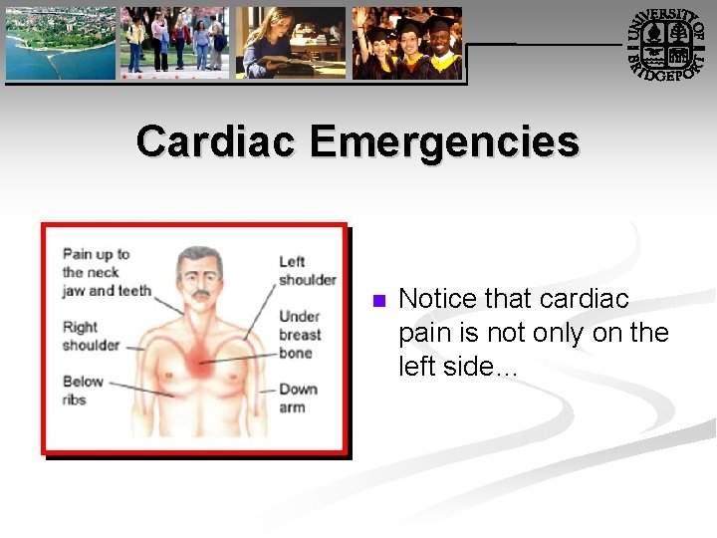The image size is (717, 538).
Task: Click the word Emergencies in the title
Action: tap(444, 141)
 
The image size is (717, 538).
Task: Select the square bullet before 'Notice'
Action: tap(376, 301)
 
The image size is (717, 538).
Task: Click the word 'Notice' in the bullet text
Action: tap(436, 299)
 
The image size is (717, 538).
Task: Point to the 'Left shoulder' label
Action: tap(306, 270)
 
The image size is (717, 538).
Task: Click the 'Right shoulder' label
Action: tap(90, 336)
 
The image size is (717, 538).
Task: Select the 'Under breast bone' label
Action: tap(300, 334)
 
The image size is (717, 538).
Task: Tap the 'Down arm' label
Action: tap(298, 398)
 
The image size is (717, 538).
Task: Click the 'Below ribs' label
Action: tap(83, 390)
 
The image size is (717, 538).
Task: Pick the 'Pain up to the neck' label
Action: tap(105, 272)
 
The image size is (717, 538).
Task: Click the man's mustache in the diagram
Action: tap(200, 295)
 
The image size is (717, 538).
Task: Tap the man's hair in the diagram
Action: tap(199, 255)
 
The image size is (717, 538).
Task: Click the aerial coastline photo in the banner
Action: tap(61, 43)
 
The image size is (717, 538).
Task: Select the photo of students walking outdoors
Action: tap(174, 43)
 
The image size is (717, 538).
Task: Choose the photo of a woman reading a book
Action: tap(291, 43)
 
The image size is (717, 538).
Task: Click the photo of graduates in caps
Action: tap(407, 43)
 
